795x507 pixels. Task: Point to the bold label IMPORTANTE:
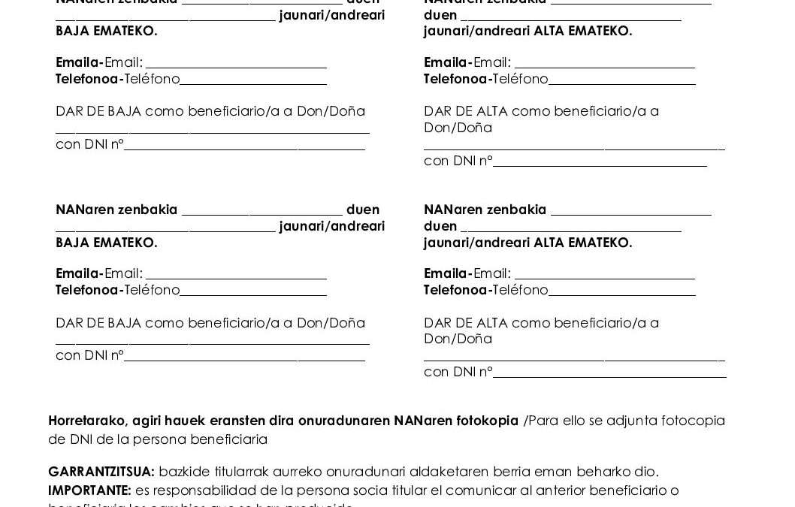(x=89, y=490)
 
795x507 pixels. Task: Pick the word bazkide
(x=183, y=472)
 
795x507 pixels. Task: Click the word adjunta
(x=626, y=421)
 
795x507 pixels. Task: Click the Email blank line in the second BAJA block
(x=236, y=277)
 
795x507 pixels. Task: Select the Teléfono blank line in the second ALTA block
(x=621, y=294)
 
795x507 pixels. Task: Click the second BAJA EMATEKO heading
(x=107, y=243)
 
